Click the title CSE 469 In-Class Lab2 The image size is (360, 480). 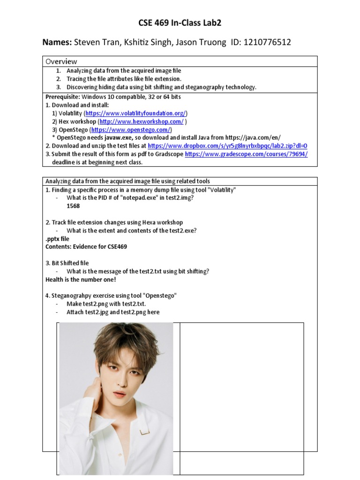click(x=180, y=23)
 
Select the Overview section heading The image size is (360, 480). click(x=61, y=61)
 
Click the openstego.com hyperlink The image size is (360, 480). click(x=131, y=129)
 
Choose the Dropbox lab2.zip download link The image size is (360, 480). click(x=228, y=146)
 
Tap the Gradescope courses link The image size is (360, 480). click(x=247, y=154)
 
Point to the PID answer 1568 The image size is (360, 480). click(x=73, y=206)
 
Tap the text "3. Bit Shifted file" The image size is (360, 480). click(x=67, y=263)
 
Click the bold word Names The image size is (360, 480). click(x=57, y=42)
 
